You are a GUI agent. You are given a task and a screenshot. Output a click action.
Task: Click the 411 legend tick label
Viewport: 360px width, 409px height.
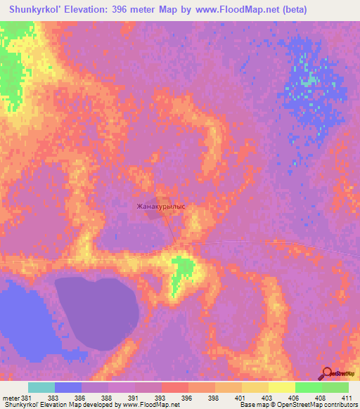[347, 398]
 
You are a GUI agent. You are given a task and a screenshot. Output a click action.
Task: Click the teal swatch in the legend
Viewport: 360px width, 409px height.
[41, 387]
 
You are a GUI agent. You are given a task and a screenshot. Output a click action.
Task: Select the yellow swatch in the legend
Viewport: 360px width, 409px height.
[255, 387]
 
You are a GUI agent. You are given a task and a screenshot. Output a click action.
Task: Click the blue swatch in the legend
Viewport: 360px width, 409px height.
[68, 387]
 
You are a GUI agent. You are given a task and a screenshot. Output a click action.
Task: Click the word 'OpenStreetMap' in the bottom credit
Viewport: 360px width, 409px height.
[331, 405]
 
